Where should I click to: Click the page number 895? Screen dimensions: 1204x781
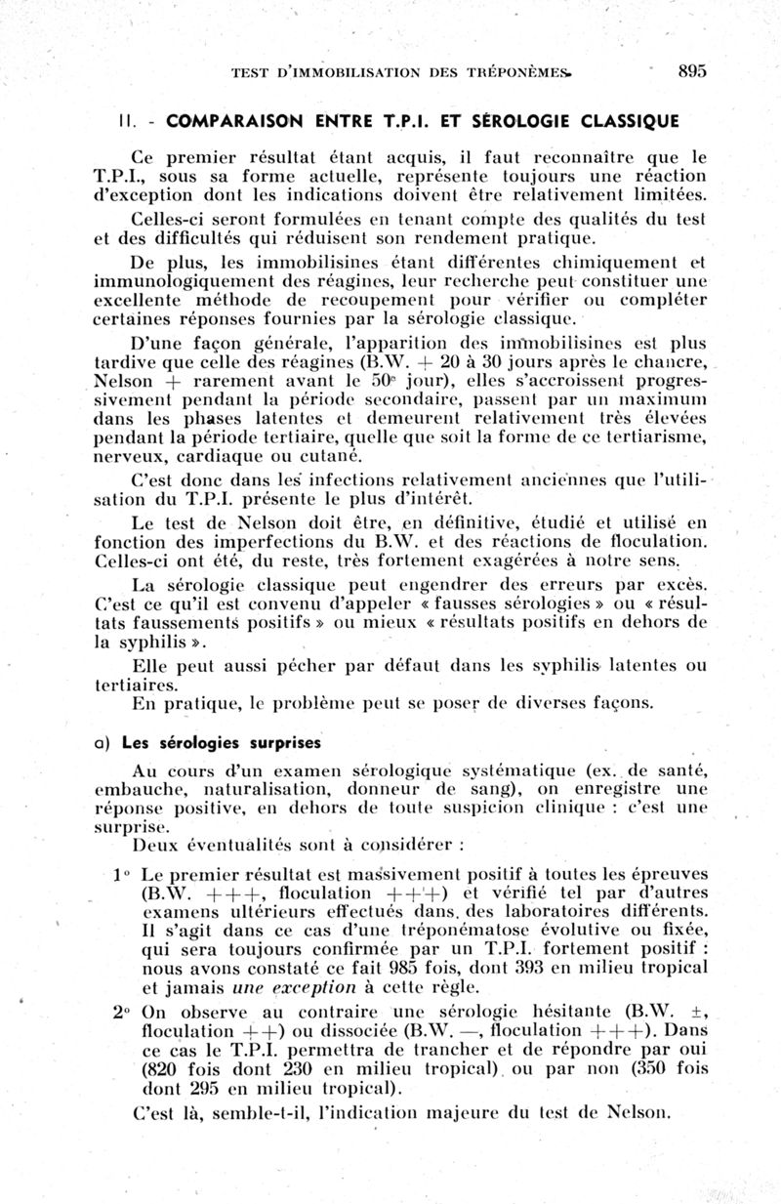pos(690,70)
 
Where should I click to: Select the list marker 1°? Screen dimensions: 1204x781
pos(120,874)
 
